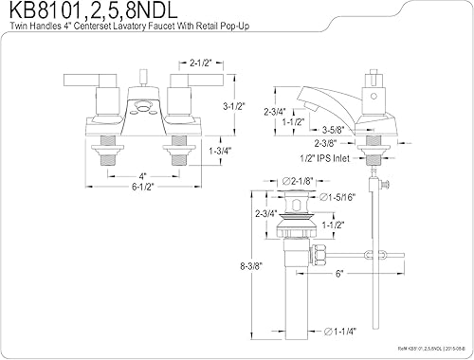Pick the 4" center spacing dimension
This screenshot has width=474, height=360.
116,176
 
